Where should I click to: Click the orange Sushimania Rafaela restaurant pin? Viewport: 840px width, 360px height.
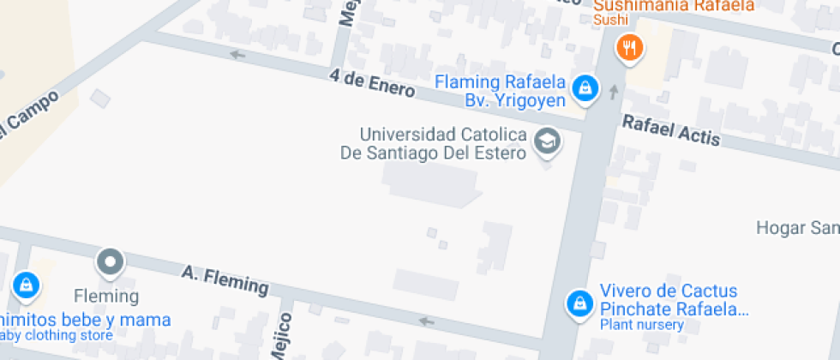coord(630,48)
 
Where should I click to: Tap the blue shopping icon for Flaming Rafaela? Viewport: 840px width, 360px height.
coord(585,87)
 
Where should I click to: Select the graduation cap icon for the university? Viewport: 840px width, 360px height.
coord(545,141)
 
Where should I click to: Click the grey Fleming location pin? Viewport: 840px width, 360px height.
coord(111,262)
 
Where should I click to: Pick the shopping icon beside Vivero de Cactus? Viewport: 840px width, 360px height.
coord(580,303)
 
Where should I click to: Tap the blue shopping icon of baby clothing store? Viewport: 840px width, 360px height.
coord(27,285)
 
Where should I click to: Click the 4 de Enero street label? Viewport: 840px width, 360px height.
coord(372,84)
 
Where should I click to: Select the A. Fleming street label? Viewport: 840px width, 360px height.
coord(225,279)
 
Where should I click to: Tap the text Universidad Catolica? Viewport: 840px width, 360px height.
coord(442,135)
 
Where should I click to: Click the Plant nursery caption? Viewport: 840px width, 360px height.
coord(641,325)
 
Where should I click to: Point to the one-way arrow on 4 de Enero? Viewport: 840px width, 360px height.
coord(237,55)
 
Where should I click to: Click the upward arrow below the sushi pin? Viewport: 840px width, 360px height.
coord(614,90)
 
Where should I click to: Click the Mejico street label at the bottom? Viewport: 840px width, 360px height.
coord(285,336)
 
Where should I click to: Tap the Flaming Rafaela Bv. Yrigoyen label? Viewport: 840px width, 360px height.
coord(501,92)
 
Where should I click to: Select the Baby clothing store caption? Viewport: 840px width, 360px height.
coord(56,335)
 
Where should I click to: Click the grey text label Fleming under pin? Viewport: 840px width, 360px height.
coord(106,297)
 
